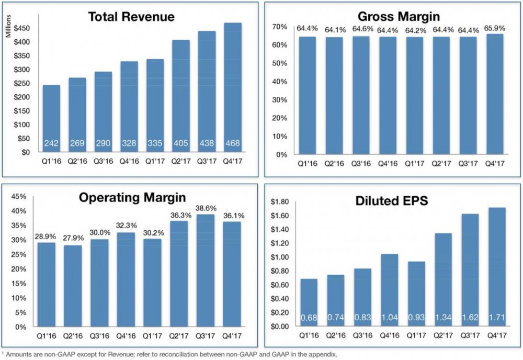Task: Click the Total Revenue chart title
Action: tap(131, 17)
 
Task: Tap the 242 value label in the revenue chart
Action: tap(51, 142)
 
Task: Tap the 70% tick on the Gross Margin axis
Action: tap(279, 27)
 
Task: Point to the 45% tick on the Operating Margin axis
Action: tap(19, 196)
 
